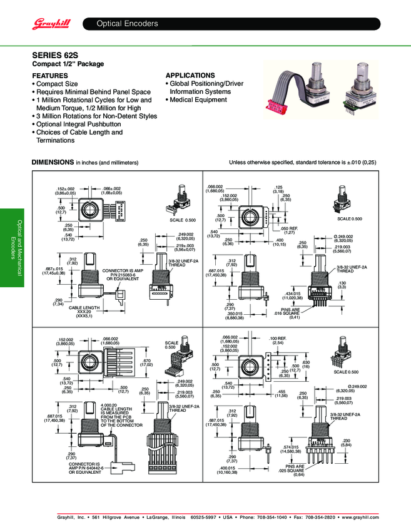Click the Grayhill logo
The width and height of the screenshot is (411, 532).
pyautogui.click(x=50, y=24)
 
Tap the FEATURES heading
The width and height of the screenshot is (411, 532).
pyautogui.click(x=51, y=75)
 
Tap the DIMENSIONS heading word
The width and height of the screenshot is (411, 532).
pyautogui.click(x=53, y=162)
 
